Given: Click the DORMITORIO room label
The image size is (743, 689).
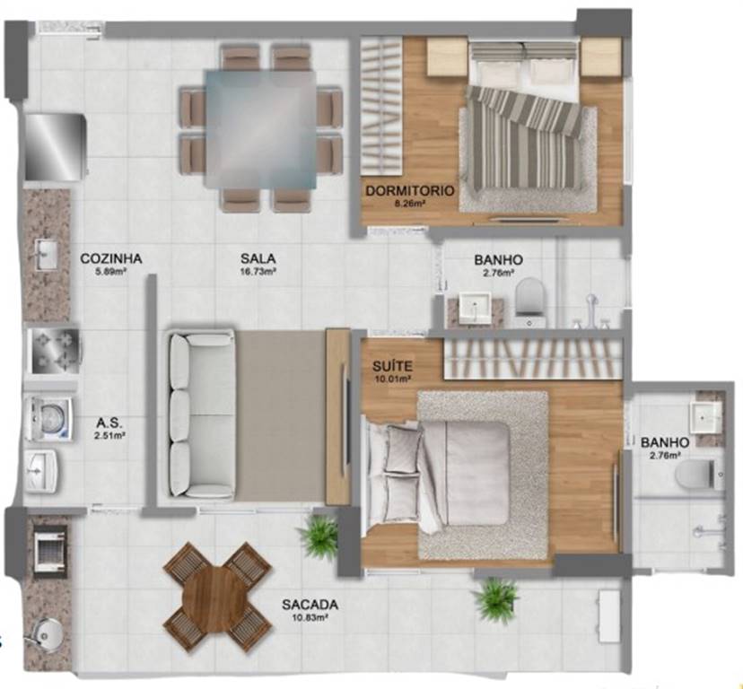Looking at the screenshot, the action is point(410,191).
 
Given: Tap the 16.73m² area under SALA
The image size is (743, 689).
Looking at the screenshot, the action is point(258,272).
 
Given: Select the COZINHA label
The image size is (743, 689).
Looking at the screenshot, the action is point(111,258).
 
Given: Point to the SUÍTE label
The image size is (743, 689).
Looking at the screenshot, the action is point(392,366).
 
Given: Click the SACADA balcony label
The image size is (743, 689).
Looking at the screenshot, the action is point(310,605).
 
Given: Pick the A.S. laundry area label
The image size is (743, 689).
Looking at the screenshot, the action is point(109,423).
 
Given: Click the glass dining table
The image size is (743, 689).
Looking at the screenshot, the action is point(260,128).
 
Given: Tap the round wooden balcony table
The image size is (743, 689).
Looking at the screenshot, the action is point(215,598).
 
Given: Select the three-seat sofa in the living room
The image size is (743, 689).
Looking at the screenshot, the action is point(202,414).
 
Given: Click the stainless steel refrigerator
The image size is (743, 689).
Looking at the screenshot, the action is point(55,146).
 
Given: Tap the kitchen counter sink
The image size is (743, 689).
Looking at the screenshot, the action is point(47,255).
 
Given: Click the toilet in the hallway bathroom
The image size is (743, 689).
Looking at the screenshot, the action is point(530,296).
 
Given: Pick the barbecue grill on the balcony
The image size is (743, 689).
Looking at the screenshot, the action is point(49,550).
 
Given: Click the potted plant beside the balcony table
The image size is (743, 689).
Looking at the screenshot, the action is point(318,535).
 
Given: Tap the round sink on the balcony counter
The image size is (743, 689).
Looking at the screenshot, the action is point(47,632).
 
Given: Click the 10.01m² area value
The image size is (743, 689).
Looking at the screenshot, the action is point(392,379).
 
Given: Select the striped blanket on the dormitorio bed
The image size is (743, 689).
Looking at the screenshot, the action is point(525,137).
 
